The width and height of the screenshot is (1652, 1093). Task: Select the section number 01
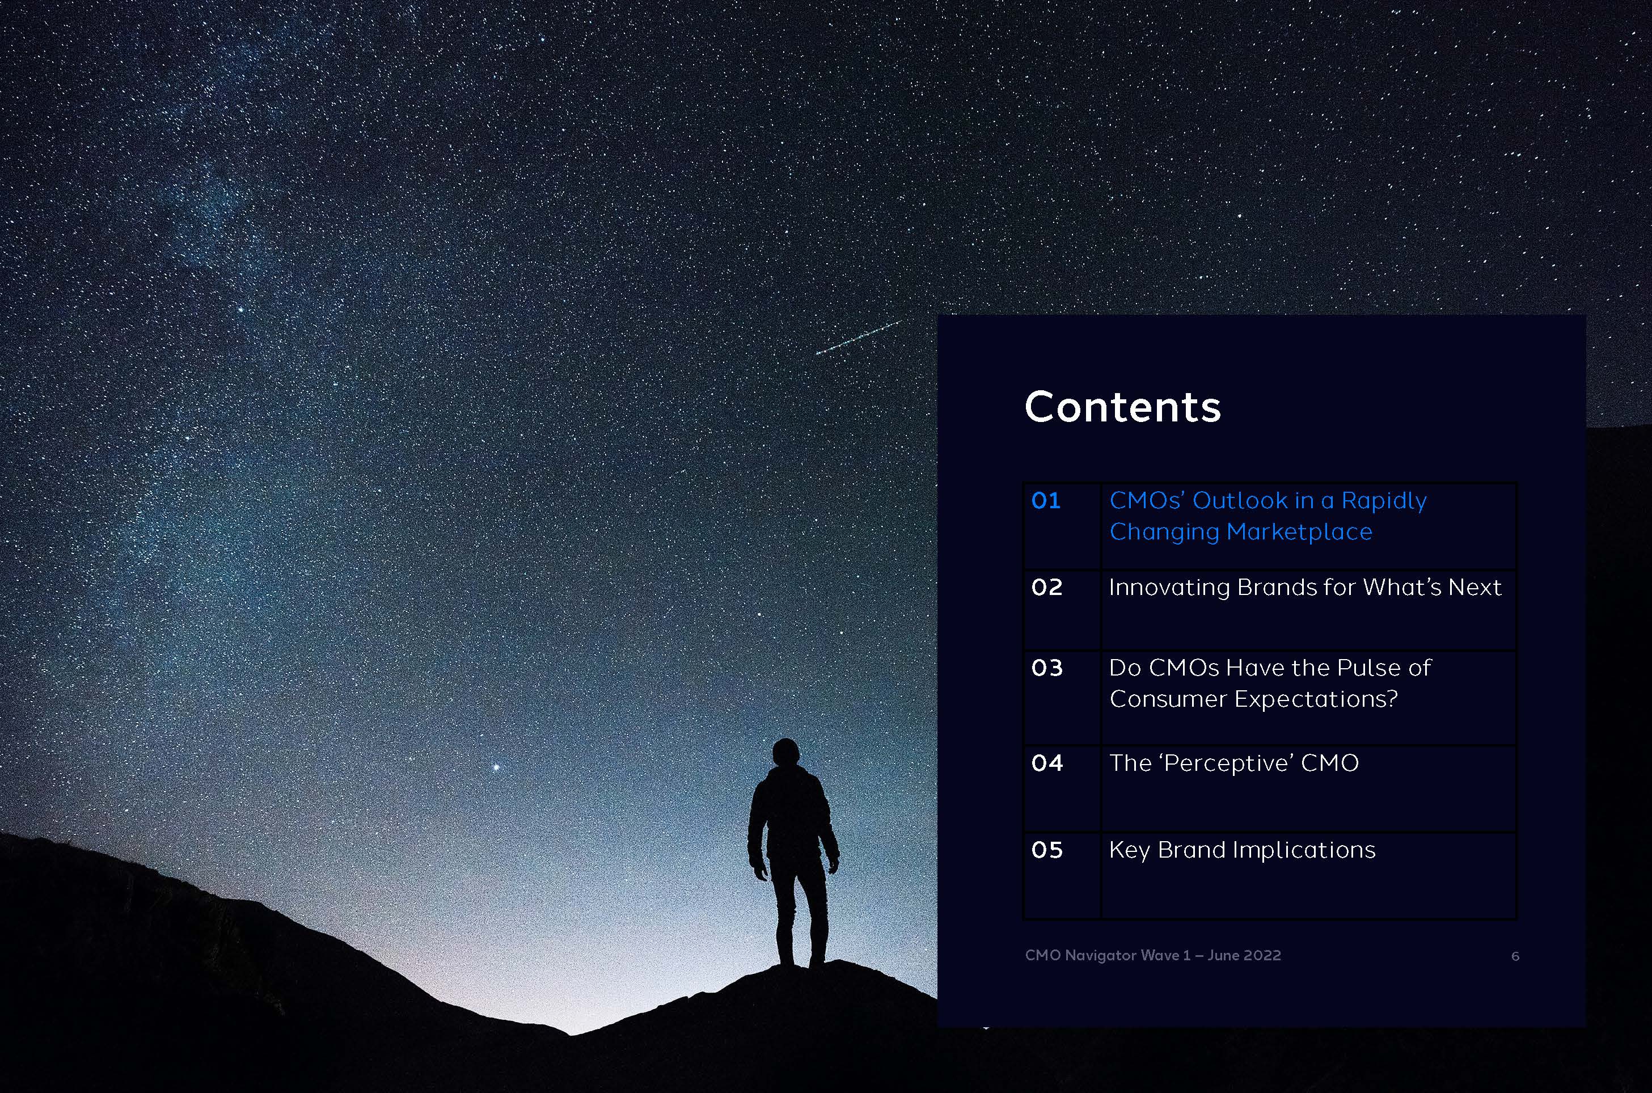pos(1046,500)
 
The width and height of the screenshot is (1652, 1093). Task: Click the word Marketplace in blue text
pos(1299,533)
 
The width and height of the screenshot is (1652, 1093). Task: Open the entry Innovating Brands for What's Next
pos(1305,588)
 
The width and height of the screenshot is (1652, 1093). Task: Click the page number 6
pos(1515,956)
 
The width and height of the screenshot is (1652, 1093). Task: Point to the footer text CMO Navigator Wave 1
pos(1107,956)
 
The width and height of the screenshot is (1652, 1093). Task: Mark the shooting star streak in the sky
pos(857,337)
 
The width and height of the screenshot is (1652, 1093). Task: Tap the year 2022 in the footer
pos(1262,956)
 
